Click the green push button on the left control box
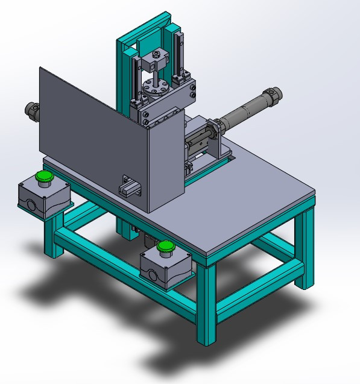click(x=43, y=177)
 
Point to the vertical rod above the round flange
click(x=156, y=75)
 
